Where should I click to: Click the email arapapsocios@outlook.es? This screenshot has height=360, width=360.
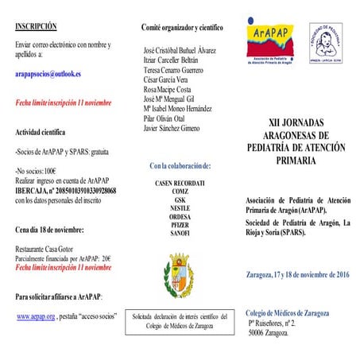click(x=48, y=74)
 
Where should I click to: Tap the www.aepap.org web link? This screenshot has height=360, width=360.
click(x=36, y=315)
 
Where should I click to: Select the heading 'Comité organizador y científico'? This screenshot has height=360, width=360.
click(x=181, y=28)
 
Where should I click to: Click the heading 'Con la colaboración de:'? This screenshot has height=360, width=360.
click(x=180, y=165)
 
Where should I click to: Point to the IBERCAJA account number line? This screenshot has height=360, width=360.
click(x=66, y=191)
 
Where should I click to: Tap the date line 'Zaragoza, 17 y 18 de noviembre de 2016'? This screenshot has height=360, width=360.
click(x=298, y=274)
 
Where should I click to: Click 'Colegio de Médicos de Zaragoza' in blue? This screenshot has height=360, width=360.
click(x=287, y=313)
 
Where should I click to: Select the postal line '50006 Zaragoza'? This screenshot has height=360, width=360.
click(x=269, y=333)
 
